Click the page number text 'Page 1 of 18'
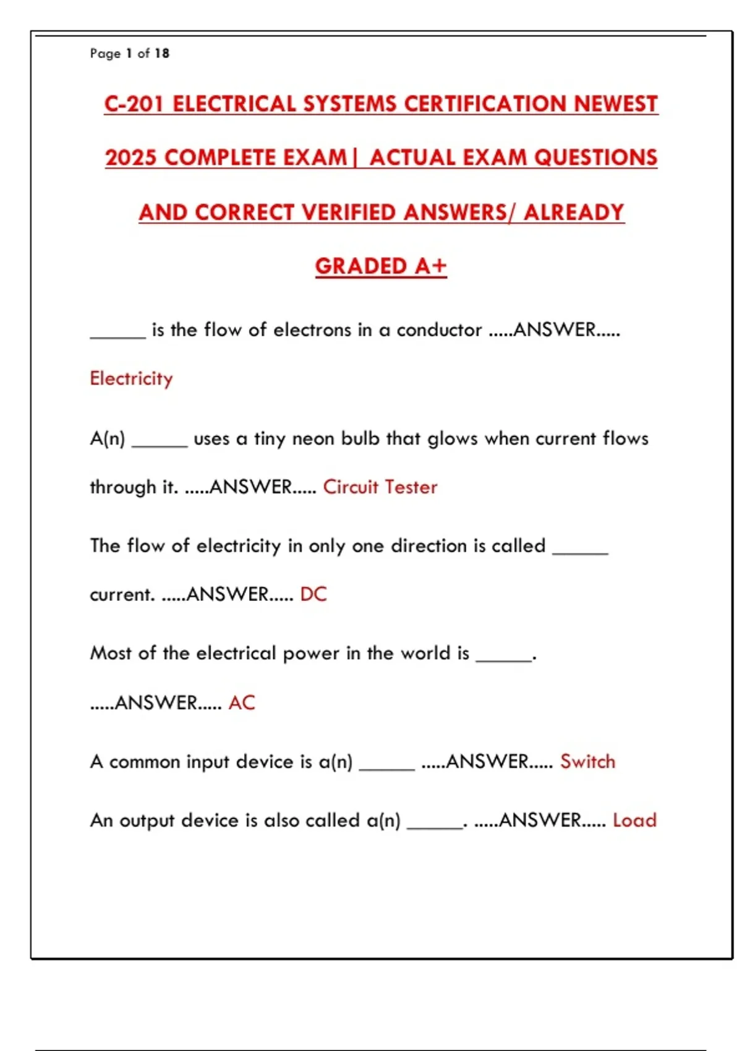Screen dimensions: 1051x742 (129, 53)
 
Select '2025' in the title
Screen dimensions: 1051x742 (130, 158)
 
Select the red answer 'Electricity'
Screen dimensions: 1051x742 (131, 378)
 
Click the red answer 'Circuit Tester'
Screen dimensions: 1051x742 (380, 487)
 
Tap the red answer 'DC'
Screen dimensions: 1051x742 (313, 594)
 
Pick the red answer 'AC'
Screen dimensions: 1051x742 (241, 703)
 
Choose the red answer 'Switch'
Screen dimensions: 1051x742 (587, 762)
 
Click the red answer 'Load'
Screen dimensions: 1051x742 (634, 820)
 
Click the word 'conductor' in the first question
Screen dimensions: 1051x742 (439, 330)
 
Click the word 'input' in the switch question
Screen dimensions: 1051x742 (208, 762)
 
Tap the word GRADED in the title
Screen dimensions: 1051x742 (360, 266)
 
